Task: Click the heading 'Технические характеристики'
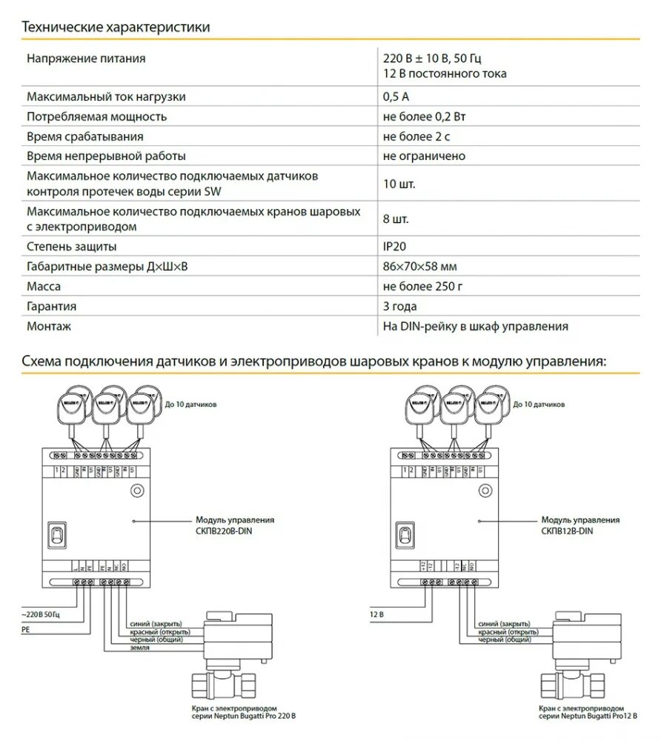tap(116, 27)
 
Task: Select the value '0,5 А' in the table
tap(396, 96)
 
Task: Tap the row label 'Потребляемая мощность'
tap(96, 116)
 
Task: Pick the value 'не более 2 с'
tap(416, 136)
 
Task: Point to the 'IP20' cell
tap(395, 246)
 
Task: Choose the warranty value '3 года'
tap(400, 306)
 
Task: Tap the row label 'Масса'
tap(44, 286)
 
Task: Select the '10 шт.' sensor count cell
tap(399, 184)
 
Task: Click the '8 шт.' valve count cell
tap(396, 219)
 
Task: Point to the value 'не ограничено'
tap(424, 156)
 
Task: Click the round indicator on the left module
tap(137, 490)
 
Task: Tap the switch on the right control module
tap(405, 534)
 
